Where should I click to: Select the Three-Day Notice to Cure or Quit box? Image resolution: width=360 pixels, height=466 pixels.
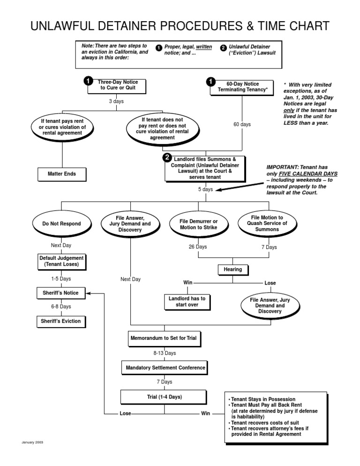118,85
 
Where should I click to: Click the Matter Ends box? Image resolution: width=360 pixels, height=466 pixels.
61,174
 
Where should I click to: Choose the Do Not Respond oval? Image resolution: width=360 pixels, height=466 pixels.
61,224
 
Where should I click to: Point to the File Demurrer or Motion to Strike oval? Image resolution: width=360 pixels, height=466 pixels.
199,224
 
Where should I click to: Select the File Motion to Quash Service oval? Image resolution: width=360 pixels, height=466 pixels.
267,224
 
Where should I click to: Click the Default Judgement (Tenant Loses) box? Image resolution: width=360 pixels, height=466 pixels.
61,261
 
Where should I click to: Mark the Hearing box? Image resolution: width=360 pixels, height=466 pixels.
232,270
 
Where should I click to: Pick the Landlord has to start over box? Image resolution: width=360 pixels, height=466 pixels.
187,301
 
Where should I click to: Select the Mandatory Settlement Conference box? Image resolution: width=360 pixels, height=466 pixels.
165,368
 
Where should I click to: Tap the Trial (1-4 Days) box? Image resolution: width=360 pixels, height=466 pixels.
164,397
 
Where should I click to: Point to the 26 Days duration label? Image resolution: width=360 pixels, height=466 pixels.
197,247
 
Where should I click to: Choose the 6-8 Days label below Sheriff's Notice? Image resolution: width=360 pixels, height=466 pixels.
61,307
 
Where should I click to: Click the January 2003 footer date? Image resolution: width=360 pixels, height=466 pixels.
32,442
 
